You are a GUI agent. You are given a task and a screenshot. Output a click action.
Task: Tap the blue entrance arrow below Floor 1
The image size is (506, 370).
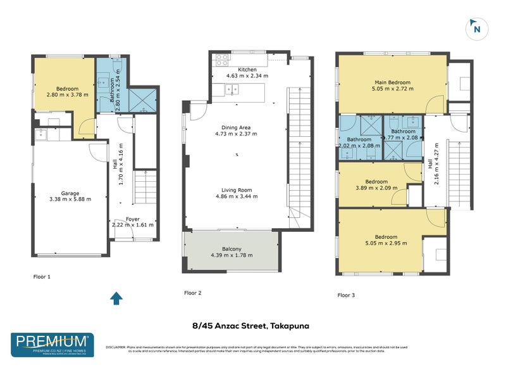tap(116, 298)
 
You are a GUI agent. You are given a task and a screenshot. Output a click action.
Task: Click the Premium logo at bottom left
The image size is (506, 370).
tap(52, 345)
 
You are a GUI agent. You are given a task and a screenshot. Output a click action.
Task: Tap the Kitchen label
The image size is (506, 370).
tap(247, 69)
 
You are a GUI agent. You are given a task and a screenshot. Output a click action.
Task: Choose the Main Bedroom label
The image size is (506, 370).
tap(392, 82)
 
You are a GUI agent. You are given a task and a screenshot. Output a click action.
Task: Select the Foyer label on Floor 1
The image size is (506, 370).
tap(133, 219)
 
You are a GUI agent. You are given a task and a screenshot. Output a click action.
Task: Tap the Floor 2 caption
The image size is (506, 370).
tap(192, 293)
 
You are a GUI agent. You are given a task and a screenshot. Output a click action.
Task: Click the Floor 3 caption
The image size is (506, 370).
tap(346, 295)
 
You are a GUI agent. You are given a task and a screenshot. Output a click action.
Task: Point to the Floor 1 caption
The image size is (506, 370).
tap(42, 277)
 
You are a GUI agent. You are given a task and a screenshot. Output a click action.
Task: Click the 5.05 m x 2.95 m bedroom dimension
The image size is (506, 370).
tap(380, 242)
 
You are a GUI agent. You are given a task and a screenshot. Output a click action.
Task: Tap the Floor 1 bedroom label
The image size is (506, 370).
tap(67, 89)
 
